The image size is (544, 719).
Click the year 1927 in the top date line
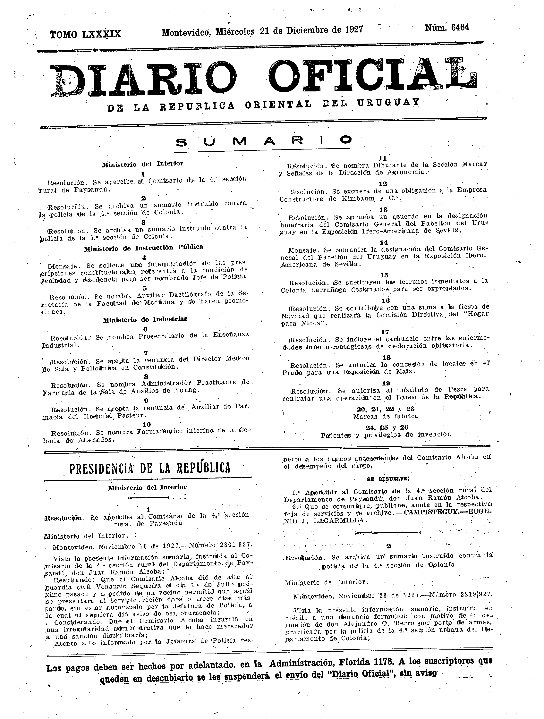[x=354, y=30]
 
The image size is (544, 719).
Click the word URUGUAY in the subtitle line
[x=388, y=103]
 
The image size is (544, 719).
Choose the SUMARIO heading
[x=263, y=141]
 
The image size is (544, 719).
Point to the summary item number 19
[x=386, y=383]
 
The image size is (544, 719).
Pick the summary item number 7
[x=146, y=353]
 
